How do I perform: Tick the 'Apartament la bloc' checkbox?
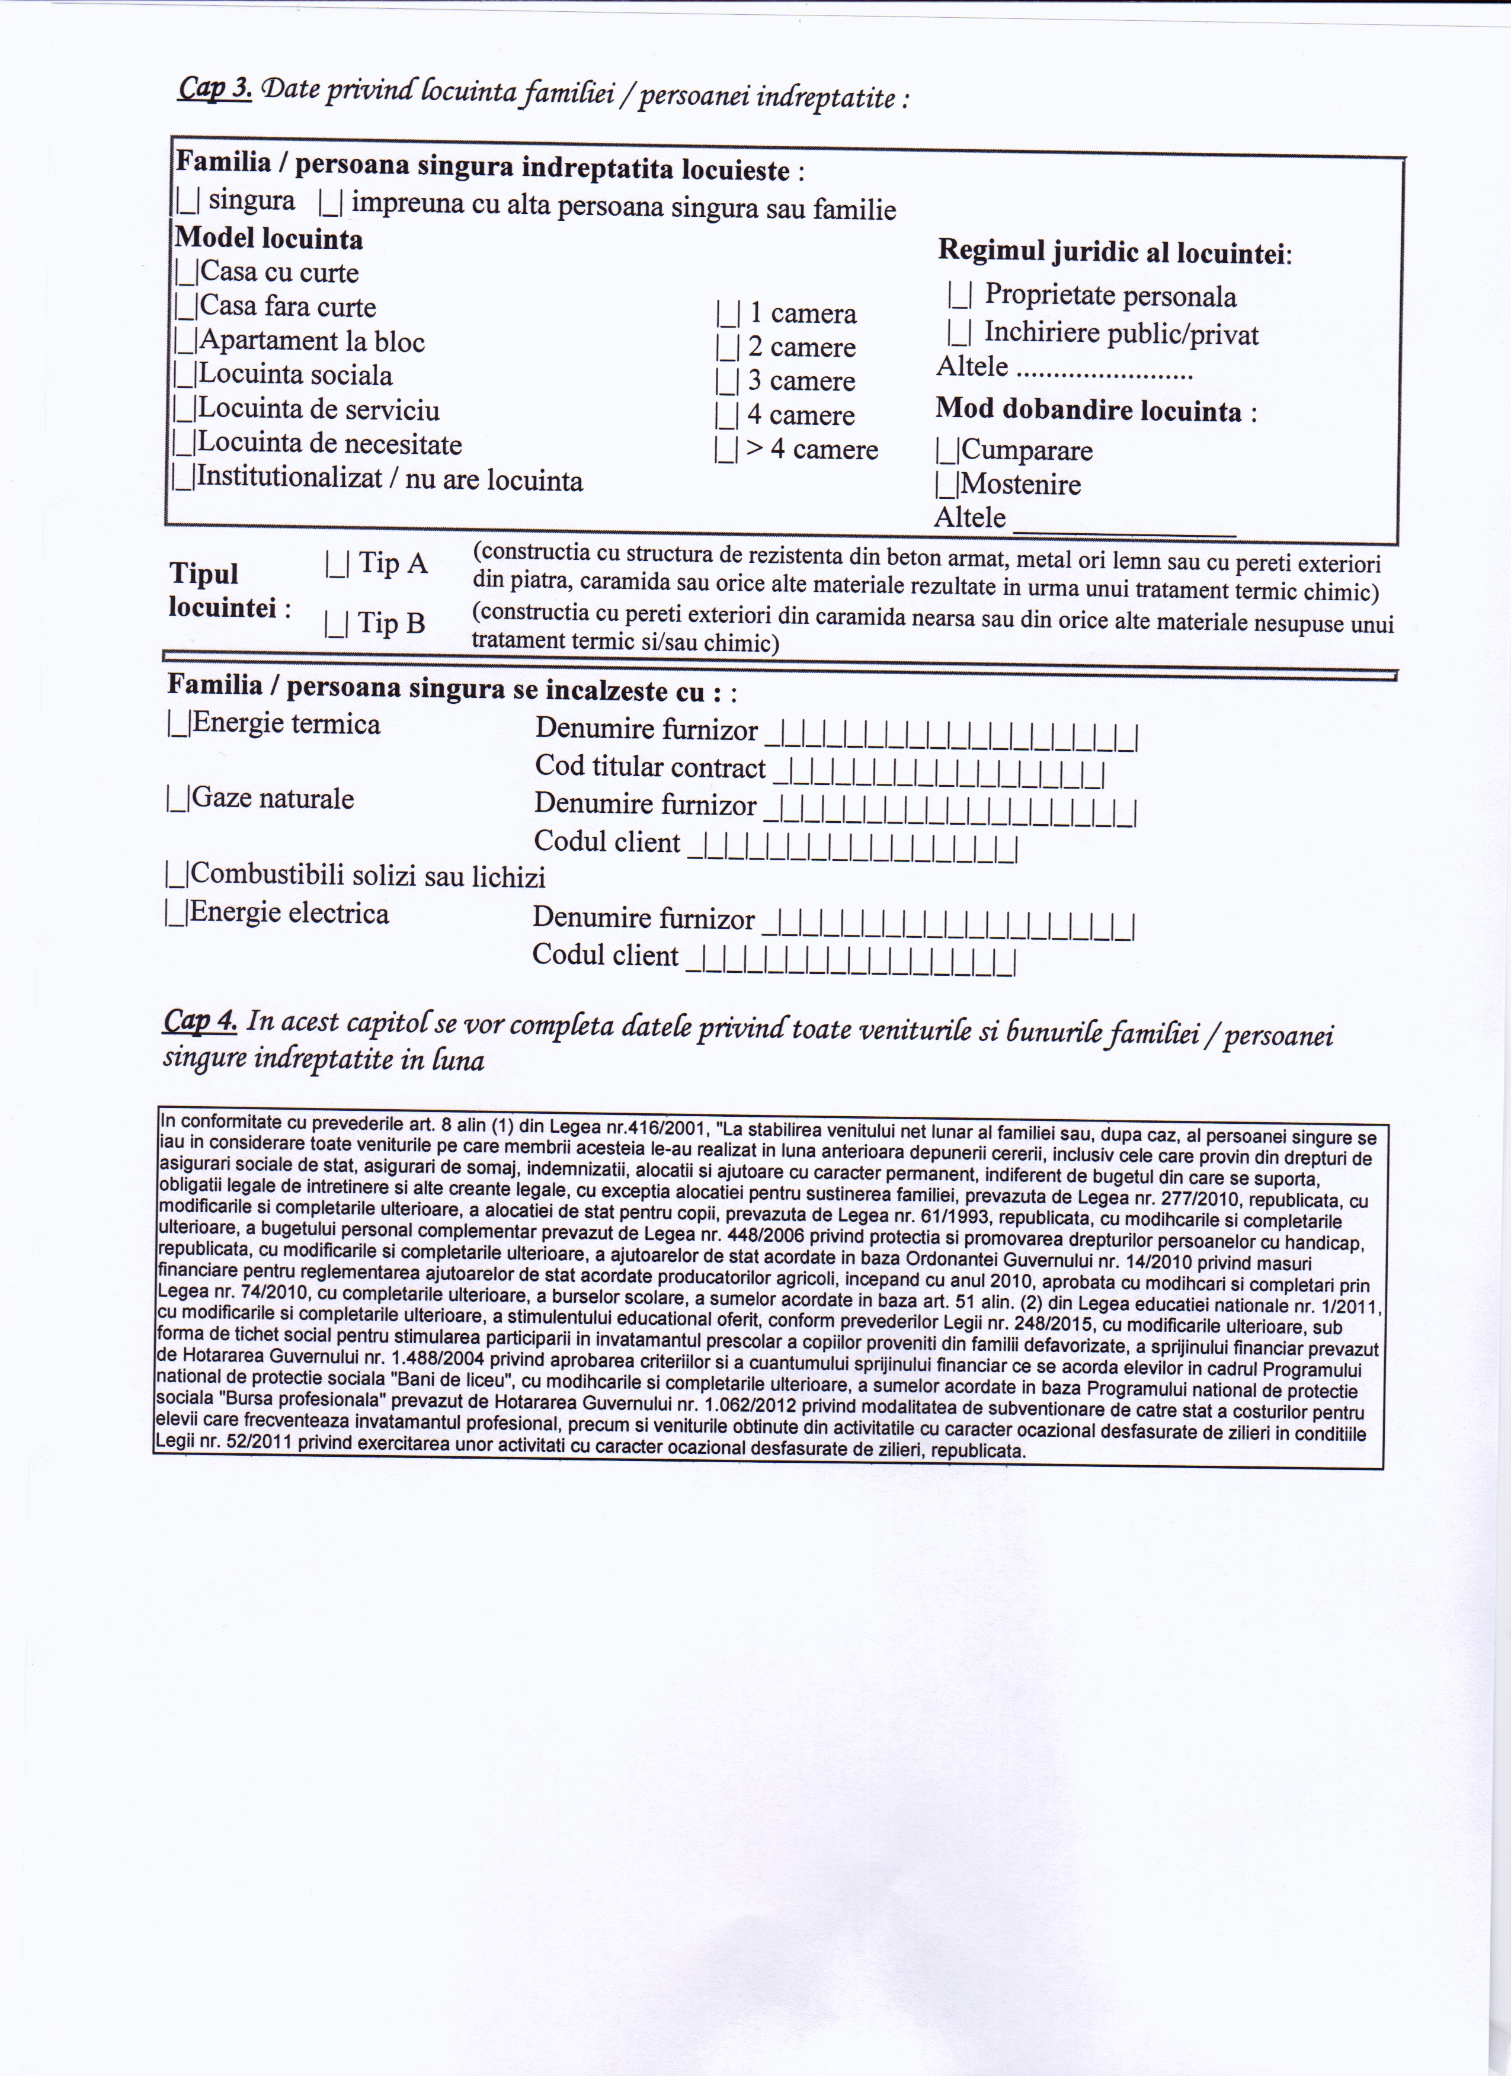(185, 341)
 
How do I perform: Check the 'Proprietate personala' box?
(960, 294)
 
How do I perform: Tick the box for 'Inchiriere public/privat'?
(960, 331)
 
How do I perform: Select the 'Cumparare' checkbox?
(947, 450)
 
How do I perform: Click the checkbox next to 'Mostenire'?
(947, 484)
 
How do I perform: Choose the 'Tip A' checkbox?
(336, 565)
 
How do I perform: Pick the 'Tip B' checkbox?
(336, 624)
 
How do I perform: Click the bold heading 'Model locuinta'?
(269, 239)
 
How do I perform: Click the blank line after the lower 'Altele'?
(1126, 524)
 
